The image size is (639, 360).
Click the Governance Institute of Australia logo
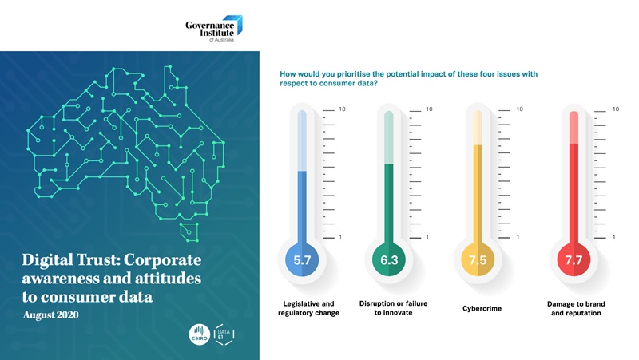pos(214,29)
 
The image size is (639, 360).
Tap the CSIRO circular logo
pos(199,334)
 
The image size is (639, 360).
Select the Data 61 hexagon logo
pos(224,334)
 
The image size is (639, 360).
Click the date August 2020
pos(51,315)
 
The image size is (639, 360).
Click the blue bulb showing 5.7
pos(302,259)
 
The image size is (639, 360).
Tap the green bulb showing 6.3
pos(389,259)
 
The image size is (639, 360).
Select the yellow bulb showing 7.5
pos(478,259)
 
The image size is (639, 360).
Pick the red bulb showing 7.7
pos(574,259)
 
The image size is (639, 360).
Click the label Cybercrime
pos(482,308)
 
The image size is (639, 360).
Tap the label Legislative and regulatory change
pos(308,308)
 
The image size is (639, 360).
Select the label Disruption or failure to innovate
pos(393,308)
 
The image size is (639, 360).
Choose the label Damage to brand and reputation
pos(576,308)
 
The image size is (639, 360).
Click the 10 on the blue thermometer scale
pos(343,109)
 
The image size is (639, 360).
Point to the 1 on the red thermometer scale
pos(613,237)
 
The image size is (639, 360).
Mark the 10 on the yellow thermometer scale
pos(520,109)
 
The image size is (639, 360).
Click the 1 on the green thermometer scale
pos(427,237)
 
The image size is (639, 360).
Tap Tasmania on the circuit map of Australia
pos(189,231)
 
